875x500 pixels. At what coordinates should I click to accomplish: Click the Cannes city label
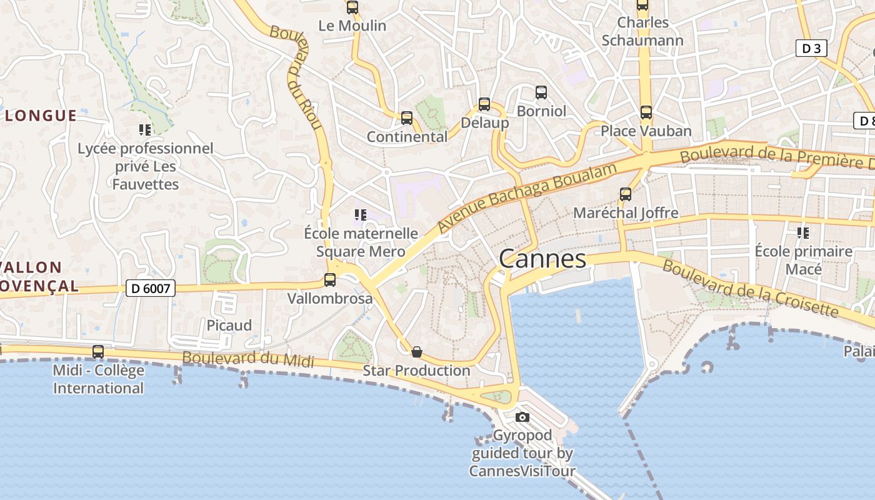542,259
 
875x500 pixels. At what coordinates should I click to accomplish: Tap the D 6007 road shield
151,288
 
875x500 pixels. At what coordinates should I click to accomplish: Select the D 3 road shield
811,49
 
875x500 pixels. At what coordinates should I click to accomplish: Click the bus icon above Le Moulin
352,7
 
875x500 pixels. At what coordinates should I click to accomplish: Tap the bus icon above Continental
407,117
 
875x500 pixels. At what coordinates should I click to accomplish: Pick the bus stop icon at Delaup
484,104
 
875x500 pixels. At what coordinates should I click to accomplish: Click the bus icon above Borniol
541,92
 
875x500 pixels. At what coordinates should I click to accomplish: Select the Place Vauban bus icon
646,112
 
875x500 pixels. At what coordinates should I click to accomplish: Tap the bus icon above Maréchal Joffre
626,194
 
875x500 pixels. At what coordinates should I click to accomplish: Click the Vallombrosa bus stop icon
330,280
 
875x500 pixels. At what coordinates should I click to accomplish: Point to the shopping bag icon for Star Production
417,352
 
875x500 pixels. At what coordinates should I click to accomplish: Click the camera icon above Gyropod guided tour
522,417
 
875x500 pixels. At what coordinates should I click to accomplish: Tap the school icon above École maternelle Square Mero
361,216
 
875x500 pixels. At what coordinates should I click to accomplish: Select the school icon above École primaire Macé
803,233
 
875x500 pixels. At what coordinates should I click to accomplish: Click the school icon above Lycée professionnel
145,130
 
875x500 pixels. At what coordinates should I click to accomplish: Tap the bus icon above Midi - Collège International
98,352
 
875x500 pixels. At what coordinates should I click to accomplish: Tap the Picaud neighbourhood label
229,326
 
